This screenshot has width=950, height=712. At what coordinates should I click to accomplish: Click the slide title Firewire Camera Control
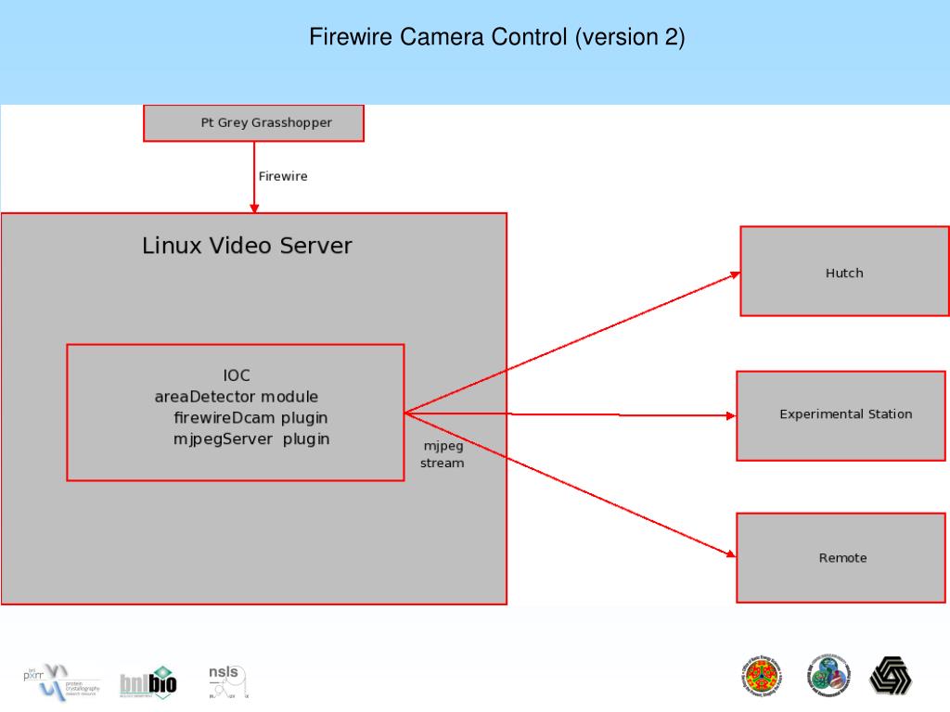496,38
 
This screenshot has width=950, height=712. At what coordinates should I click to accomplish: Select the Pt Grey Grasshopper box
253,122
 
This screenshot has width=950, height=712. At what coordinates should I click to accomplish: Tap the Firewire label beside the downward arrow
283,176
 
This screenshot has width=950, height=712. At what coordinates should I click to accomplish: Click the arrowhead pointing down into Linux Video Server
253,208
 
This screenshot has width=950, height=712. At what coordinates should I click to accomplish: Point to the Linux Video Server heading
247,246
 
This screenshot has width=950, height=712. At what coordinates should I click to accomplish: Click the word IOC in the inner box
237,375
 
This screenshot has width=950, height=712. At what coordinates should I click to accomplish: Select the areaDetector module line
236,397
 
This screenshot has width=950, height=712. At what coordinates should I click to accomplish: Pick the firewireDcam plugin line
250,417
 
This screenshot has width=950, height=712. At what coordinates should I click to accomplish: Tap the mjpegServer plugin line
250,439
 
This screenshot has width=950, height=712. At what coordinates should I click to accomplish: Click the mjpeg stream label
443,454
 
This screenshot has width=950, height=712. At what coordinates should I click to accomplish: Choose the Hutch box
844,272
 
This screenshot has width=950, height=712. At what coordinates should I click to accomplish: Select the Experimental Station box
844,414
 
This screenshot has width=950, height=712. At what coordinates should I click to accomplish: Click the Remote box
842,557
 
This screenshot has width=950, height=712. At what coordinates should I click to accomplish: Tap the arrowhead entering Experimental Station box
730,415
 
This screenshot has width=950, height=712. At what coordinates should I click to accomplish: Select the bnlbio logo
148,682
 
